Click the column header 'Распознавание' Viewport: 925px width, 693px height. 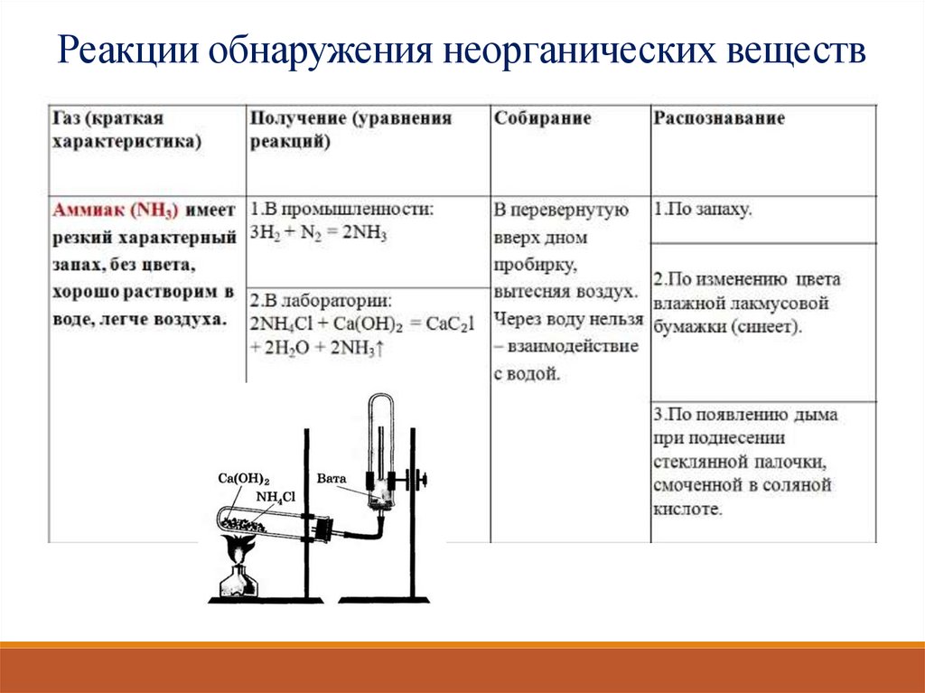click(719, 118)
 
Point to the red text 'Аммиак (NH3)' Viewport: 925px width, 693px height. click(117, 210)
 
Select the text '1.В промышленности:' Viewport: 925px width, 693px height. click(342, 210)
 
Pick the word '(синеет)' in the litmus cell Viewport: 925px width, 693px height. click(767, 327)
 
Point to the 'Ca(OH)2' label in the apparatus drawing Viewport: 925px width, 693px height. click(244, 479)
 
